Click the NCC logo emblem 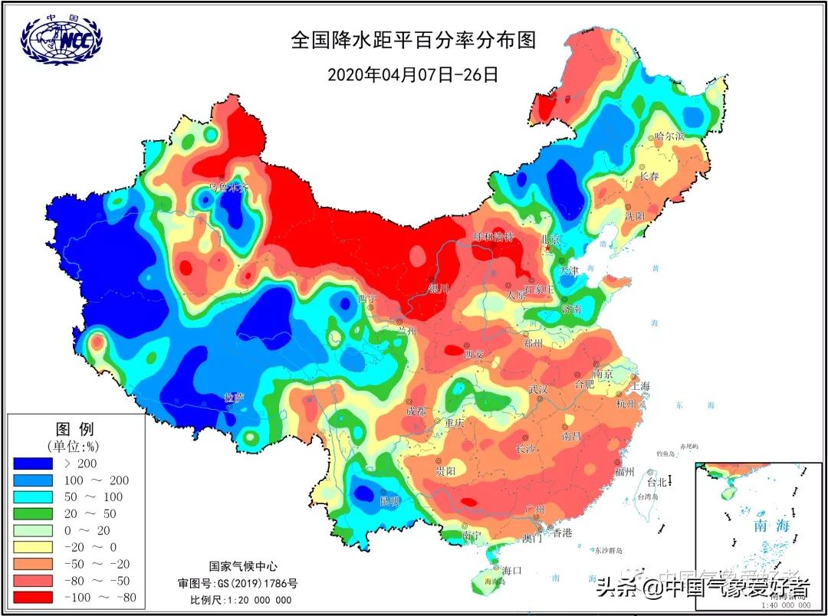click(x=61, y=38)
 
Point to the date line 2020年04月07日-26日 click(x=412, y=75)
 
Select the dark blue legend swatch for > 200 click(x=33, y=464)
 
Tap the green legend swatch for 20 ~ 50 click(x=33, y=513)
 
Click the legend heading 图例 click(x=75, y=428)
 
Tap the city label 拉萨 click(x=233, y=398)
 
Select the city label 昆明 click(x=389, y=500)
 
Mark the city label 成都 click(x=417, y=411)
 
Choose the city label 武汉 click(x=538, y=389)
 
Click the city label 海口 click(x=511, y=570)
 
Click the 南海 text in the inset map click(x=770, y=526)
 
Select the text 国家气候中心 click(x=241, y=566)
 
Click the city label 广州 click(x=534, y=510)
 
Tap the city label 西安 click(x=474, y=354)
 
